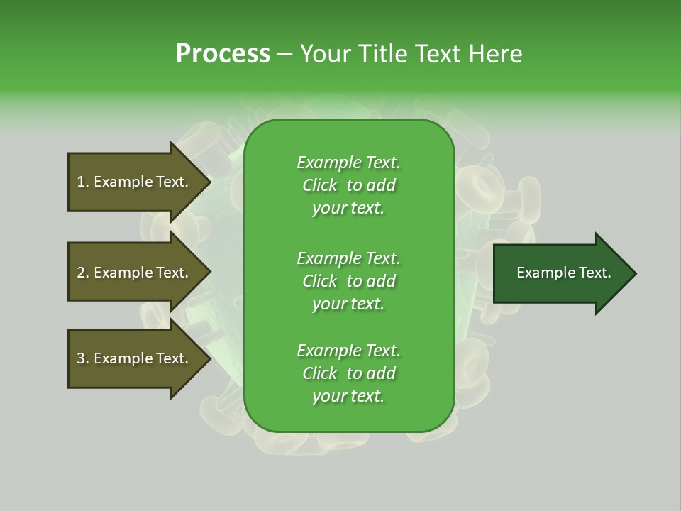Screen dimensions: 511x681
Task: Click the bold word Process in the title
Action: click(223, 54)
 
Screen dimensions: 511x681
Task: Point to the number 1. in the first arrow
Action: click(83, 182)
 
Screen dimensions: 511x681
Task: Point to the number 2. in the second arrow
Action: click(83, 273)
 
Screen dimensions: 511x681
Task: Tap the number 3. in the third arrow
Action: click(83, 358)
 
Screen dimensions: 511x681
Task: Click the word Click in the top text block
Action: click(320, 185)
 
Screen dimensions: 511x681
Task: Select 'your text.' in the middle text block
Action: click(348, 304)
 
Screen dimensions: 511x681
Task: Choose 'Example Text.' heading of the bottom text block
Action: click(348, 350)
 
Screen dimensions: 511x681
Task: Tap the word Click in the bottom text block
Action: click(320, 373)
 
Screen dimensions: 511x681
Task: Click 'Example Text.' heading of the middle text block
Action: click(348, 258)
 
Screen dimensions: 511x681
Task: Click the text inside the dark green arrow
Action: click(563, 273)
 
